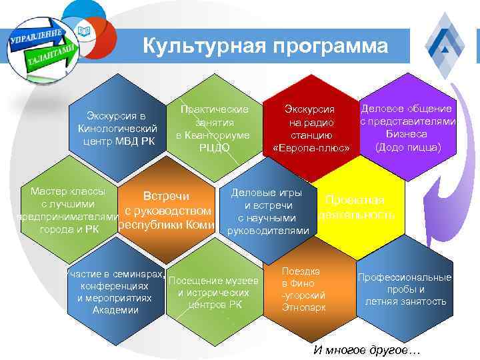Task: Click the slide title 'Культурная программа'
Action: [x=265, y=46]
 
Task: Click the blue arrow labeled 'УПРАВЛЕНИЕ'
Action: [x=37, y=37]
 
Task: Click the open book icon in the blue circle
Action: [x=83, y=30]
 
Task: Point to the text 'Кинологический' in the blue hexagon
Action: [x=117, y=128]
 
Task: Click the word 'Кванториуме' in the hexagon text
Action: [x=213, y=135]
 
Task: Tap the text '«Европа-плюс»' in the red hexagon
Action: [x=311, y=147]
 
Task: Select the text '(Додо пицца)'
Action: [x=408, y=146]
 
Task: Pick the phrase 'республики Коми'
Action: [x=167, y=225]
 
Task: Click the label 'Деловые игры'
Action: [x=271, y=193]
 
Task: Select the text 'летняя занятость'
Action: [x=405, y=301]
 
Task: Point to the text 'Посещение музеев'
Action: [x=213, y=280]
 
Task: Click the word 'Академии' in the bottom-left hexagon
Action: [x=115, y=310]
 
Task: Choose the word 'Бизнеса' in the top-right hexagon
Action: [x=407, y=133]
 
